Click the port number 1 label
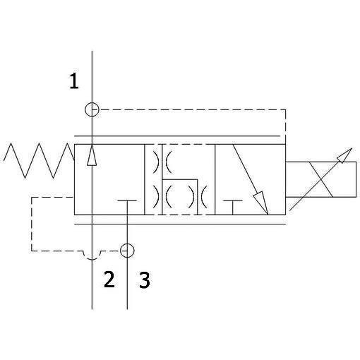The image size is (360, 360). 74,81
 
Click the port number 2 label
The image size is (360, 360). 109,280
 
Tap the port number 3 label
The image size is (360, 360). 145,280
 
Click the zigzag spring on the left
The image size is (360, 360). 39,160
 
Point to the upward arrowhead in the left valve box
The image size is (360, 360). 92,155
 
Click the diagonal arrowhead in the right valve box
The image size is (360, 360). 261,203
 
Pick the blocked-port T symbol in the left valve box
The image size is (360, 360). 127,200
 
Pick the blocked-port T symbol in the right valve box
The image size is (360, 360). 233,200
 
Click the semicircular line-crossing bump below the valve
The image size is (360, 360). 92,259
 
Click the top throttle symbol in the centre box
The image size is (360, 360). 162,162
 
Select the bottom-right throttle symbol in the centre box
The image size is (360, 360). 198,197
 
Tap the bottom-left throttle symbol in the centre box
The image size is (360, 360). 162,197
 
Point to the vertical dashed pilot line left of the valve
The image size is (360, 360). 32,224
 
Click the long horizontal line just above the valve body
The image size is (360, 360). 177,136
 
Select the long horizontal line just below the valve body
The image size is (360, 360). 180,224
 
